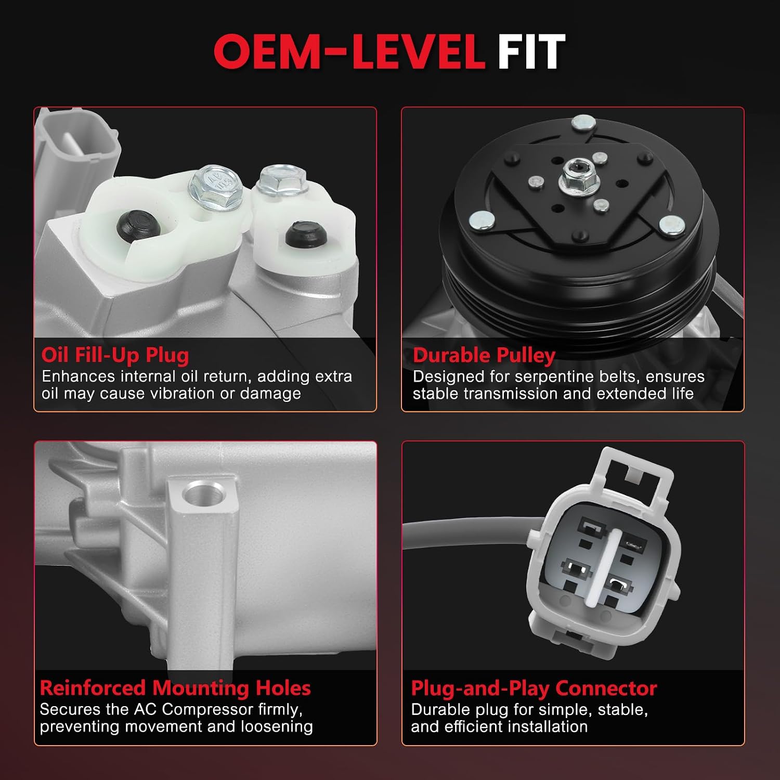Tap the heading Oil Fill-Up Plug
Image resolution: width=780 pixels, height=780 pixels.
[x=115, y=355]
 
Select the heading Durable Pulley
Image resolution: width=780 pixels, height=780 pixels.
[x=484, y=355]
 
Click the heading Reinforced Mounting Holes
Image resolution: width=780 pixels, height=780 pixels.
[x=175, y=688]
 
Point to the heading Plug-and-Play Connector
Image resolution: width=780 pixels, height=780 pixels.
[x=534, y=688]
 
